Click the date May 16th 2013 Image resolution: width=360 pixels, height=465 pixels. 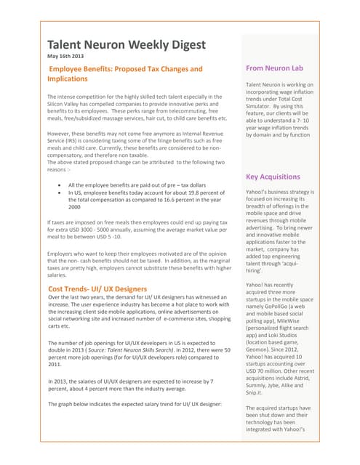71,57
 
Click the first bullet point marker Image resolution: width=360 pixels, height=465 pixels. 59,185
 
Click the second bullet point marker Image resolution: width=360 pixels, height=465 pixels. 59,193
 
